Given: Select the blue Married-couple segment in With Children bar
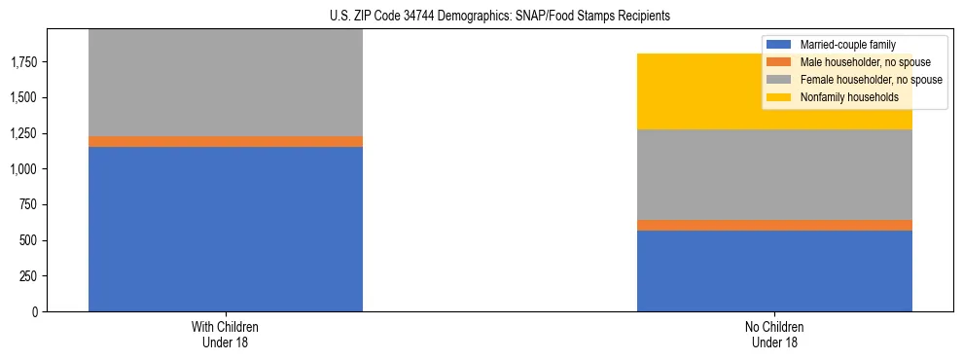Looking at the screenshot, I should [226, 229].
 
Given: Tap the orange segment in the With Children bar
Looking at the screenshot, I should [226, 142].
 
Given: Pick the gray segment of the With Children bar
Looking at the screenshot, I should [226, 83].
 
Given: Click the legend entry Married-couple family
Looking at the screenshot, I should [847, 45].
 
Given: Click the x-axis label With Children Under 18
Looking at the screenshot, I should [226, 334].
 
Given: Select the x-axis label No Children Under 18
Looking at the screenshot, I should [774, 334].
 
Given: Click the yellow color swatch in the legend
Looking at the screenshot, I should [778, 97].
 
